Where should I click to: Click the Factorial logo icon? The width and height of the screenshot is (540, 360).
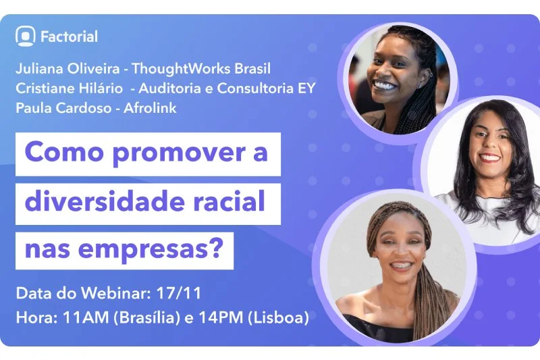click(x=26, y=36)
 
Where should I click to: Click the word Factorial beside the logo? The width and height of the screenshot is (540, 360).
click(x=70, y=36)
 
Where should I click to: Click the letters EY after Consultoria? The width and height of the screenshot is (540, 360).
click(x=307, y=88)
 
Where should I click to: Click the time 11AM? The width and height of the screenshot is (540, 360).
click(x=74, y=315)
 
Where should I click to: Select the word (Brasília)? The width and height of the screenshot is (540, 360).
click(x=141, y=315)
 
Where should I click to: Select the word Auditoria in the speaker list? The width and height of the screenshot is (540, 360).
click(x=168, y=88)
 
